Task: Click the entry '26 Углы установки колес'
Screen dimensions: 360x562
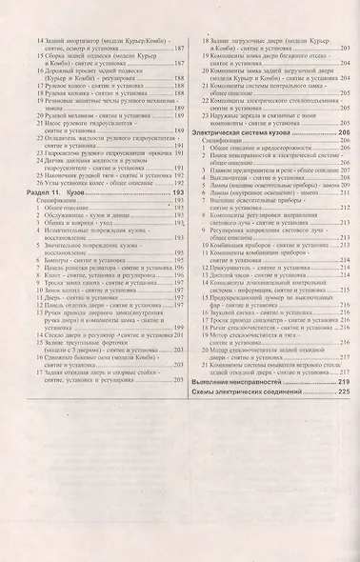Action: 95,211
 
